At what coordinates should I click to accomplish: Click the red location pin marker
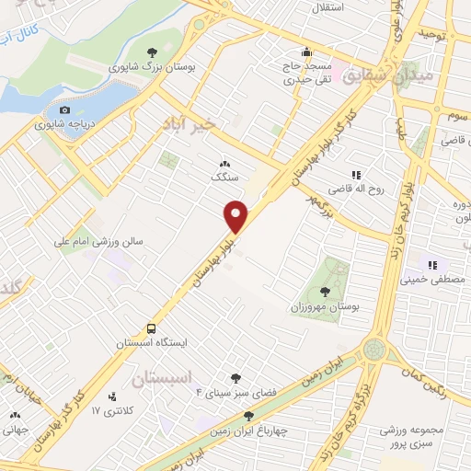236,216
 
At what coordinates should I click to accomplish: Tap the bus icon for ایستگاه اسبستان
151,328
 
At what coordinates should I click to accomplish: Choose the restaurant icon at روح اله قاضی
354,175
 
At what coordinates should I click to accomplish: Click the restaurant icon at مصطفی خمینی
431,265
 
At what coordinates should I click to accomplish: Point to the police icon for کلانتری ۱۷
113,397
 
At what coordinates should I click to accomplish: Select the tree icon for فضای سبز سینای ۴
236,377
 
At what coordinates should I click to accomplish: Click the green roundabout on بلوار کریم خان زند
374,350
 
